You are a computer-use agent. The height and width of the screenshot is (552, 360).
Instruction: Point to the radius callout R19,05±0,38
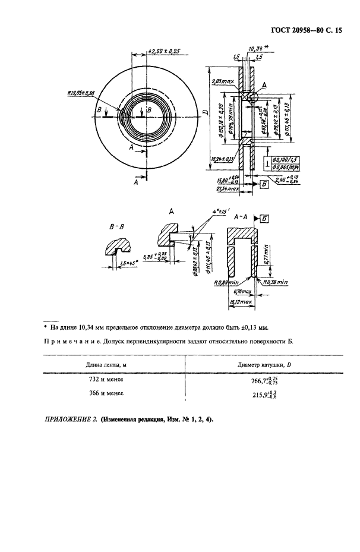coord(82,93)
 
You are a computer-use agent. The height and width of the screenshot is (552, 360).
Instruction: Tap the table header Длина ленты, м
coord(109,364)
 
